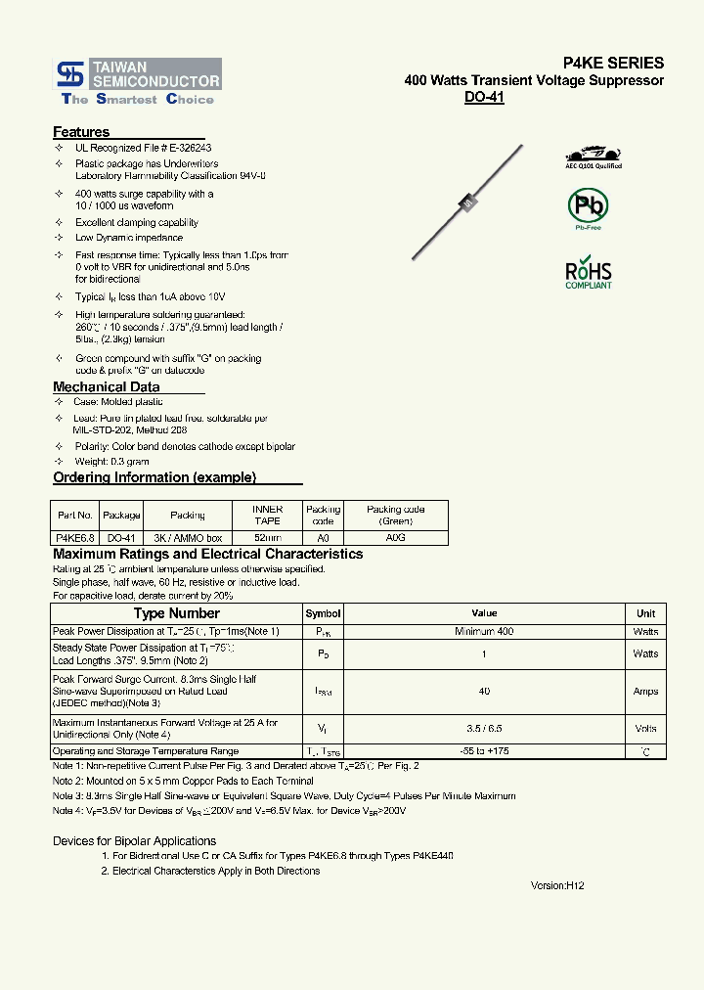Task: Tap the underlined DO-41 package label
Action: point(484,98)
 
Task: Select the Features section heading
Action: point(81,132)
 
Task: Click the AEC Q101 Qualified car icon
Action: point(594,155)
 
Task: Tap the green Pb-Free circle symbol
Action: point(588,206)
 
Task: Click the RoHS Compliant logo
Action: point(589,274)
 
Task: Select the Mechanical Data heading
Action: point(106,387)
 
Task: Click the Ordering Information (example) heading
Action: point(154,477)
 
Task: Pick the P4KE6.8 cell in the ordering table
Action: point(74,538)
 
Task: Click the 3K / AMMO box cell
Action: point(188,538)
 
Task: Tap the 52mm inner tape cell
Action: point(267,538)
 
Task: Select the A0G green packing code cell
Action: point(395,538)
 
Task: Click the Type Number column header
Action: point(176,613)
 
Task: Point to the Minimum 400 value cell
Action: point(483,632)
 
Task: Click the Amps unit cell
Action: point(645,692)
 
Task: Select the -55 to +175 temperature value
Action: point(483,751)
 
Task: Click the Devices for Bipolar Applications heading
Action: point(134,841)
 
